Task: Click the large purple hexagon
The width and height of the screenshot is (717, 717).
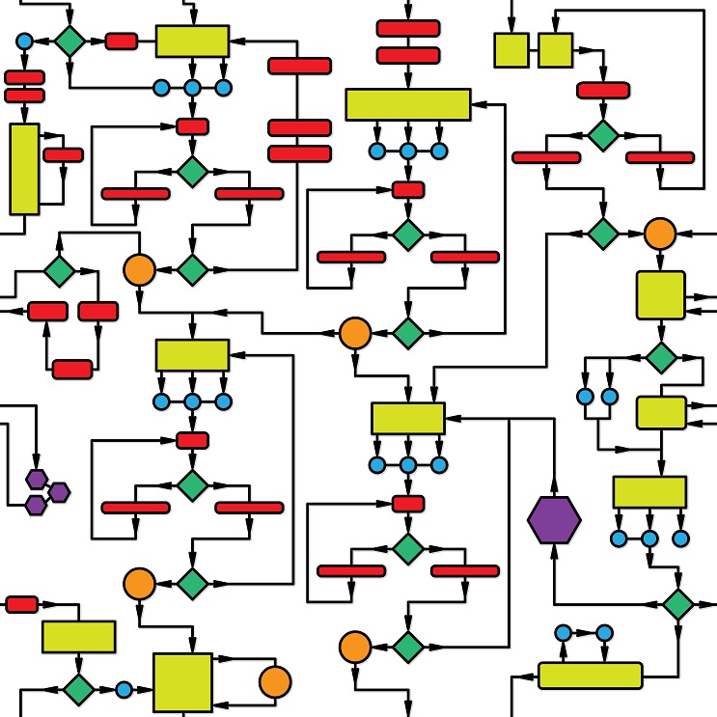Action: (554, 521)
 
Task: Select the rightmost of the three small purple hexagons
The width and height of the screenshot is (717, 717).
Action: (60, 492)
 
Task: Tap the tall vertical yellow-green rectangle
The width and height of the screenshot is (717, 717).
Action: (24, 169)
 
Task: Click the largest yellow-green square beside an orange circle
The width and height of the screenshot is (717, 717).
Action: (182, 682)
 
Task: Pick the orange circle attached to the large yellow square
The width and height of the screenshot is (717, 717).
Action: (275, 681)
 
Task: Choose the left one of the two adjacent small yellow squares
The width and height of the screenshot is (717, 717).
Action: (511, 50)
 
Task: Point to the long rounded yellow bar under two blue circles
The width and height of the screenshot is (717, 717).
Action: (590, 675)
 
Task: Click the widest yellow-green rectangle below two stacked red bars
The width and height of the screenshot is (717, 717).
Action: (407, 104)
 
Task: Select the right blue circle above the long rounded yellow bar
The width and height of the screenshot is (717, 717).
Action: (605, 633)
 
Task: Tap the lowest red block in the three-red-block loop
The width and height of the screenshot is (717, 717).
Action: (72, 369)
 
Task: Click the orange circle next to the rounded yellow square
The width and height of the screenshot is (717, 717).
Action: (659, 233)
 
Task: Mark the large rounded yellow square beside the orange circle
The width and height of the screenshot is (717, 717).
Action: (660, 294)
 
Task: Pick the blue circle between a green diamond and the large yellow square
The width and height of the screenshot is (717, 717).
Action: (124, 690)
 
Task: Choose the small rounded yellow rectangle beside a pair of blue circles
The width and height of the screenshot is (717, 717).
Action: (661, 412)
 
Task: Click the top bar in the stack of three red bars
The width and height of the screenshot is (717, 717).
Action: (299, 66)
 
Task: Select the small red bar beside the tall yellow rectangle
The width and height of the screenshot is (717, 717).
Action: (64, 154)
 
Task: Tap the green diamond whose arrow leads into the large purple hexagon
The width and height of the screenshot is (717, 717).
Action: (678, 604)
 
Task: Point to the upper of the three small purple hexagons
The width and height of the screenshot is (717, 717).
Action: (37, 479)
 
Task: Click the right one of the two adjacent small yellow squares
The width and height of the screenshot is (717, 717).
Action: (555, 50)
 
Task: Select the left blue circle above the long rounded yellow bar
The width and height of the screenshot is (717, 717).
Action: (564, 633)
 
